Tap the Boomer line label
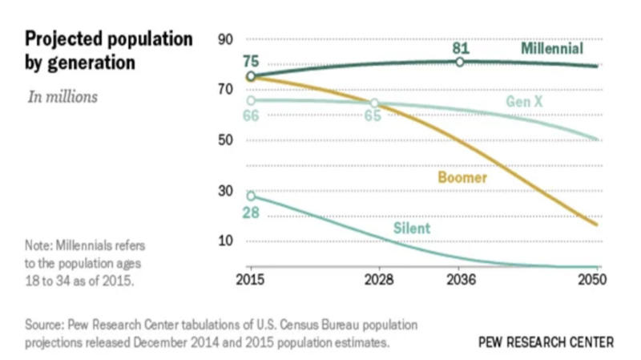(x=462, y=177)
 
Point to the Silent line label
(x=411, y=229)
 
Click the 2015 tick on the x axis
(x=250, y=281)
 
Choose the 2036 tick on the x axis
(x=460, y=281)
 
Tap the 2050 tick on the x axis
(x=592, y=281)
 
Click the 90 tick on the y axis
(x=225, y=39)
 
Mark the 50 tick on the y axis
(x=225, y=140)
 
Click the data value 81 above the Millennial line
(x=460, y=48)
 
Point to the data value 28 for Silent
(x=251, y=212)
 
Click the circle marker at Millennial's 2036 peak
(x=460, y=62)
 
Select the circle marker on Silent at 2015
(x=251, y=196)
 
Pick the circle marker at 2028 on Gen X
(x=374, y=103)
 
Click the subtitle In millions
(x=62, y=97)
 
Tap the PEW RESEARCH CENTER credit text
(x=546, y=342)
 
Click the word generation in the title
(x=83, y=63)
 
